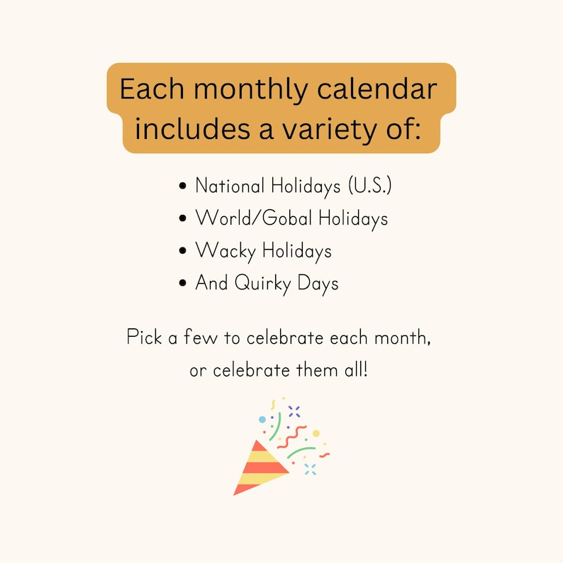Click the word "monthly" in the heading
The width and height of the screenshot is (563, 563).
pyautogui.click(x=250, y=91)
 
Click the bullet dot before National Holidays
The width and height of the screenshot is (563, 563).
pyautogui.click(x=183, y=187)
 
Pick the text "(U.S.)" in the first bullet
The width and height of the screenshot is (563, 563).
pyautogui.click(x=369, y=186)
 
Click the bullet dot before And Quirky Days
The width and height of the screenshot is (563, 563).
pyautogui.click(x=183, y=284)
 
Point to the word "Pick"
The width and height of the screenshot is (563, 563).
pyautogui.click(x=144, y=337)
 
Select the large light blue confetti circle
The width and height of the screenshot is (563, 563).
pyautogui.click(x=262, y=420)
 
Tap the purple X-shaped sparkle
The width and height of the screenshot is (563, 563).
pyautogui.click(x=294, y=411)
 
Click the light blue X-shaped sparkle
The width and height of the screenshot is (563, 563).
pyautogui.click(x=310, y=469)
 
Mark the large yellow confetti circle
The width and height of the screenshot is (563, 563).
pyautogui.click(x=316, y=433)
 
